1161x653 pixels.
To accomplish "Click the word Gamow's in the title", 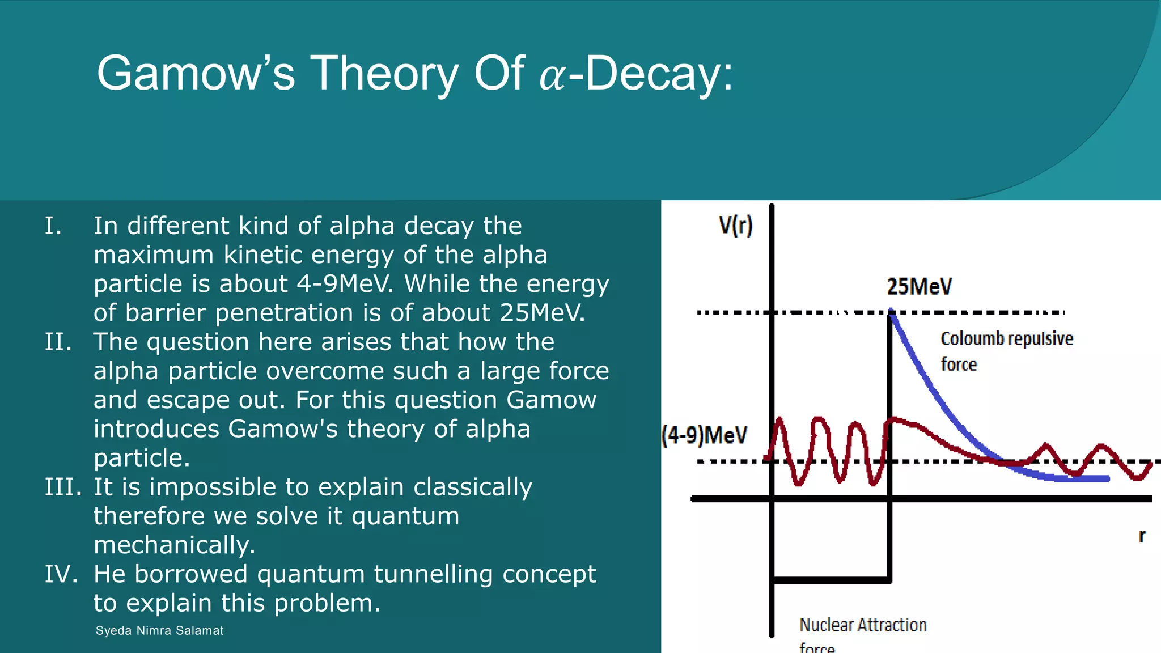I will (196, 73).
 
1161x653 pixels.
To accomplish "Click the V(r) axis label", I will (735, 225).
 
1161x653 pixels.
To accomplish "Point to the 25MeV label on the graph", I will (919, 286).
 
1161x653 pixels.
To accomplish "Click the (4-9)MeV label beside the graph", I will (704, 435).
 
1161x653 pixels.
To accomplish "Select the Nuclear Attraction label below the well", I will (863, 625).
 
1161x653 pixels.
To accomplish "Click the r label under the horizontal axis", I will (1142, 536).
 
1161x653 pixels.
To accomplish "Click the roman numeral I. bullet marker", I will (53, 226).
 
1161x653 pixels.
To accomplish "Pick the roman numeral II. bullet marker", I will (58, 342).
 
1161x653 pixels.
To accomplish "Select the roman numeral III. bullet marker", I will (63, 487).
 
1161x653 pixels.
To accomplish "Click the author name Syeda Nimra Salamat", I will (159, 631).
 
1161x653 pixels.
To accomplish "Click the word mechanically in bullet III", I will (174, 545).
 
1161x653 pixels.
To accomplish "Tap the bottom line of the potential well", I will (831, 580).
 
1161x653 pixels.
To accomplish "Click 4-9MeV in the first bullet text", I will (344, 284).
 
